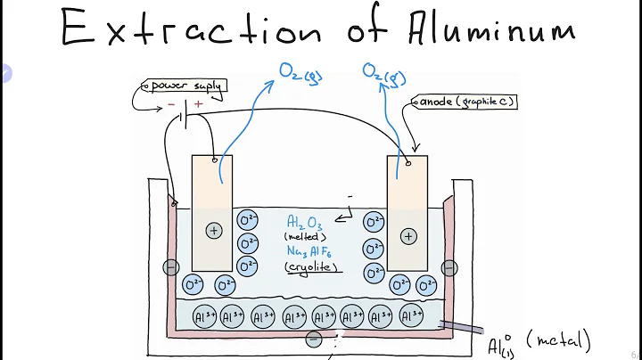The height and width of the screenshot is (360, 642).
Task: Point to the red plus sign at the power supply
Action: coord(198,104)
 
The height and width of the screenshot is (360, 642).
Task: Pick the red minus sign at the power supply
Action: coord(171,105)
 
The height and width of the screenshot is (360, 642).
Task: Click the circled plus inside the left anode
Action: coord(213,230)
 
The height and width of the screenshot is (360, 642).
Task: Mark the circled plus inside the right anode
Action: coord(407,236)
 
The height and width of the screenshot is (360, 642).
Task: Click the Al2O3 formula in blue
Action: coord(305,222)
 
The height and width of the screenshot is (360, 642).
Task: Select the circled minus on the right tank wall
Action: coord(449,267)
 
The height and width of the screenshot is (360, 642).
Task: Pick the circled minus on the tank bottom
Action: coord(313,339)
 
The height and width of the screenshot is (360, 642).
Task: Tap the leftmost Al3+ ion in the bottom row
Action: coord(202,315)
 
